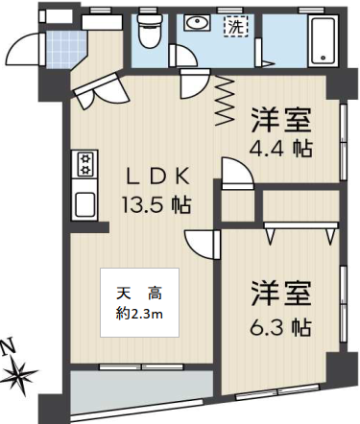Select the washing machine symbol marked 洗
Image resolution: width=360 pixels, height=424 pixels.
point(235,27)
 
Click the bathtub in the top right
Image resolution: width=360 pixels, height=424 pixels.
point(324,40)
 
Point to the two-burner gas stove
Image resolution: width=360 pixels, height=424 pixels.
point(85,164)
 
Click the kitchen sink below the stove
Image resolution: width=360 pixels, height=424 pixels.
point(84,204)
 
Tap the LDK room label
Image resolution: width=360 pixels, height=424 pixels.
point(157,177)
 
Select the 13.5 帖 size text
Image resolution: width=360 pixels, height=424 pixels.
point(156,204)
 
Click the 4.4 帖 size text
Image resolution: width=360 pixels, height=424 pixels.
point(280,149)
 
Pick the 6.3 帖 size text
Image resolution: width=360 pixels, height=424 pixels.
point(280,327)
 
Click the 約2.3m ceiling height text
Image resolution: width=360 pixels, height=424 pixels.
point(139,315)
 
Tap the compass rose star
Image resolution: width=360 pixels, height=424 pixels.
point(22,374)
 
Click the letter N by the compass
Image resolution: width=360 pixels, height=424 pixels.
point(9,347)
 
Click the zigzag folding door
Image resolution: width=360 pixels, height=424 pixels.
point(225,101)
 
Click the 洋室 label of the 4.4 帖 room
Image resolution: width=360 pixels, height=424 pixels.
point(281,121)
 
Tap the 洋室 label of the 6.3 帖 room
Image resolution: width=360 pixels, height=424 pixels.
point(281,294)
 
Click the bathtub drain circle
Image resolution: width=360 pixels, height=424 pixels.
point(324,58)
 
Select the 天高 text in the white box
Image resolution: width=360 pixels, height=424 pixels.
point(139,294)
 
